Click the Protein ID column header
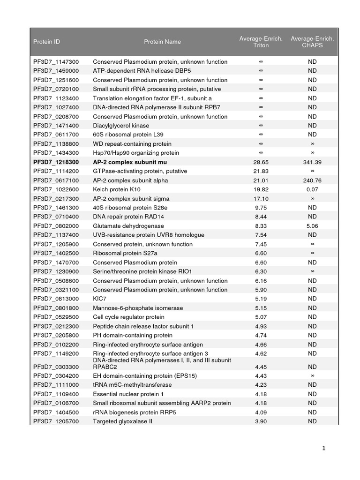click(46, 42)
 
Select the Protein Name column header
click(162, 42)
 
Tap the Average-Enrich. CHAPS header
click(312, 42)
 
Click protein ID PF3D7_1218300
click(56, 162)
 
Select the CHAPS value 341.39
click(312, 162)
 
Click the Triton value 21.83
click(261, 171)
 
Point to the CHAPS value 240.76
click(312, 180)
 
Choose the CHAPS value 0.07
click(312, 189)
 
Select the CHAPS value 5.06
click(312, 226)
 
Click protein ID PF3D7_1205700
click(56, 421)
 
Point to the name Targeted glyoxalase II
click(122, 421)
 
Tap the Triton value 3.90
click(261, 421)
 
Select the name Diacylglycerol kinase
click(121, 126)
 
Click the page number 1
click(323, 449)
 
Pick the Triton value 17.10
click(261, 199)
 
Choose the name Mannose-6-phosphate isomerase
click(138, 308)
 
